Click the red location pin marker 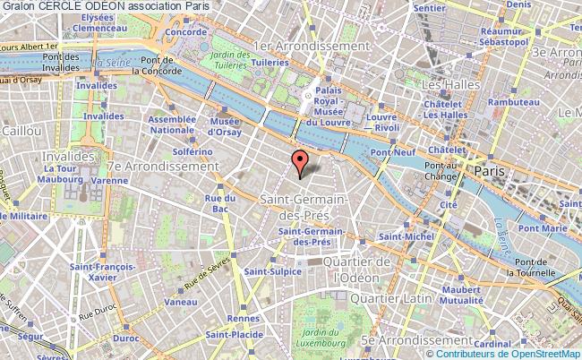[x=301, y=163]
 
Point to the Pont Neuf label [x=393, y=153]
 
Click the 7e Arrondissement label [x=161, y=167]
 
